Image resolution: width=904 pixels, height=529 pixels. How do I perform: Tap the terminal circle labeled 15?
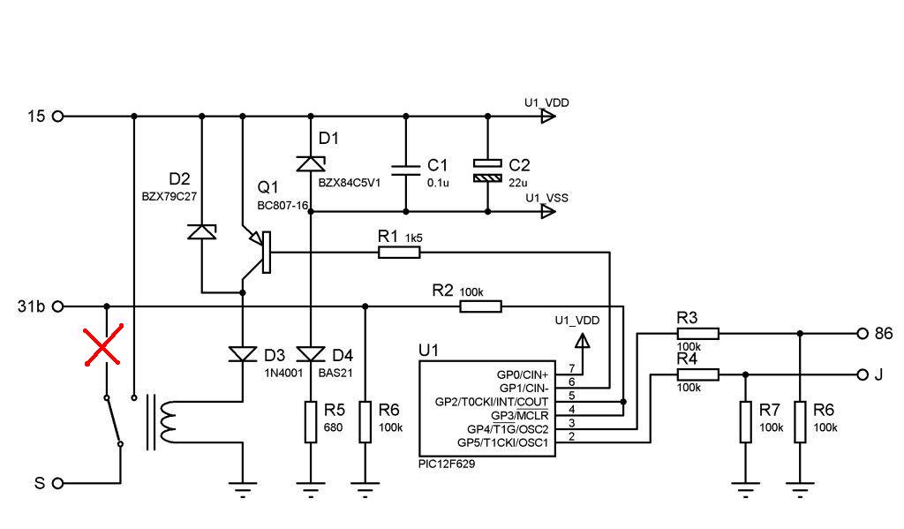coord(59,116)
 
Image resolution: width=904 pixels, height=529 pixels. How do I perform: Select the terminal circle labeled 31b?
coord(59,306)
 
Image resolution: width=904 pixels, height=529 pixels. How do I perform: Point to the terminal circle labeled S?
coord(59,483)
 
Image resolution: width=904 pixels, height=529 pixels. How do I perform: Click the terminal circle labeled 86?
coord(862,334)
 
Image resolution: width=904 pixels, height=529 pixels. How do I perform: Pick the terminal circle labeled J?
coord(862,375)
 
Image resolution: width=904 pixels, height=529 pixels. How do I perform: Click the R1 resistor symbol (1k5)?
coord(399,253)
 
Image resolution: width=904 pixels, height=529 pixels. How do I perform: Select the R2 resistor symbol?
coord(480,306)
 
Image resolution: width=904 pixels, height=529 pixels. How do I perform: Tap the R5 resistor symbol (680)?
coord(311,422)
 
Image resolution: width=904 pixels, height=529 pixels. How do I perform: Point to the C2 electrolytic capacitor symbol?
coord(487,170)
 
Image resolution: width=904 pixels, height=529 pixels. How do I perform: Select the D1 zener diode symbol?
coord(311,163)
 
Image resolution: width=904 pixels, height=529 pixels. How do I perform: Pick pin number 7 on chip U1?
coord(572,367)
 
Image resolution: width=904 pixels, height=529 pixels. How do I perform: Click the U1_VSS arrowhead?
coord(549,212)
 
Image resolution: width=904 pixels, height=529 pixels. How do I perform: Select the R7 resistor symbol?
coord(744,422)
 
